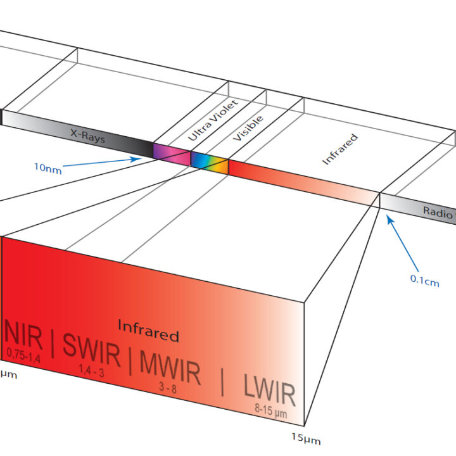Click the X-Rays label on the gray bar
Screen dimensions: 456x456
point(87,136)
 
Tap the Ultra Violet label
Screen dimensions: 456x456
point(213,120)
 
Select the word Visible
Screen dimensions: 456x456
point(248,128)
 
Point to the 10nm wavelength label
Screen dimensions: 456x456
point(48,168)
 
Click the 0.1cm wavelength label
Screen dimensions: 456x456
point(424,281)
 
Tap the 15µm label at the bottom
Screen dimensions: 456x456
point(306,439)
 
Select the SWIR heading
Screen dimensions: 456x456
point(91,350)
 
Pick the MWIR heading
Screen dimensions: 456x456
point(170,368)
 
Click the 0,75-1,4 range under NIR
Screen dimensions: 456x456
point(23,356)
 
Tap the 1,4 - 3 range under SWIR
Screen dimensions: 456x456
point(91,370)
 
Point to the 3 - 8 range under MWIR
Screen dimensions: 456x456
point(168,388)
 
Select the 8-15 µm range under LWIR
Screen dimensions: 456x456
point(271,410)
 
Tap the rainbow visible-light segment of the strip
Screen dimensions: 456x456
point(210,163)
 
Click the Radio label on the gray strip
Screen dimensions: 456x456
point(438,212)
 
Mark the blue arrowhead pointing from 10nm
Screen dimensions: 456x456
point(136,159)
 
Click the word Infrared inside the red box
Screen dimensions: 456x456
point(148,331)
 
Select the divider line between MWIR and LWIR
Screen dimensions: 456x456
point(222,382)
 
